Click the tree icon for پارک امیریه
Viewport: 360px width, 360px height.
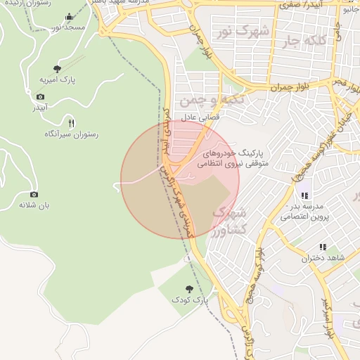pyautogui.click(x=57, y=69)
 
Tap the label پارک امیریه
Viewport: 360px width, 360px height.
pyautogui.click(x=58, y=80)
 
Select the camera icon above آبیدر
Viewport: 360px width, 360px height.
pyautogui.click(x=40, y=96)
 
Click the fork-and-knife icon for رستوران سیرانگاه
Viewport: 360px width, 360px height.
pyautogui.click(x=71, y=123)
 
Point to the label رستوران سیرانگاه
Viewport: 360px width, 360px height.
pyautogui.click(x=71, y=134)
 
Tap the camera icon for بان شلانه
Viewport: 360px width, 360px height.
pyautogui.click(x=34, y=194)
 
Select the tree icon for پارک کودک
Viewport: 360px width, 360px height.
pyautogui.click(x=189, y=288)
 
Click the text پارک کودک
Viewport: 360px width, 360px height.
pyautogui.click(x=190, y=300)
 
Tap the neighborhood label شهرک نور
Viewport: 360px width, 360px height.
pyautogui.click(x=243, y=32)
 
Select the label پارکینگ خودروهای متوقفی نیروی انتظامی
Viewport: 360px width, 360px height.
pyautogui.click(x=232, y=157)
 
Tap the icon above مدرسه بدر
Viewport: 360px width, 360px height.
pyautogui.click(x=304, y=195)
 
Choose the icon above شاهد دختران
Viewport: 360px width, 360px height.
pyautogui.click(x=323, y=247)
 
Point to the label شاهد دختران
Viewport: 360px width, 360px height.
pyautogui.click(x=323, y=258)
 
